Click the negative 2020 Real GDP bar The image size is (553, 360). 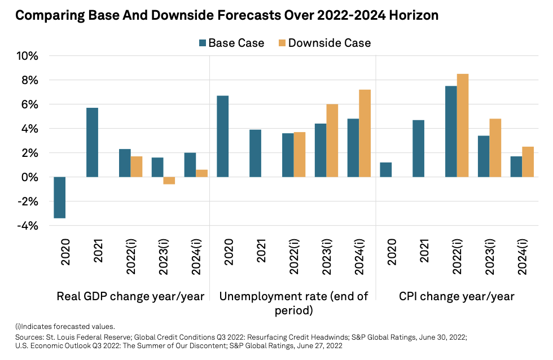(x=60, y=197)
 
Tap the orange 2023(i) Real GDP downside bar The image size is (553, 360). (x=169, y=181)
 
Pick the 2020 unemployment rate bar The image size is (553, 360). (x=223, y=136)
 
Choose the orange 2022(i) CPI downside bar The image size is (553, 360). (x=463, y=125)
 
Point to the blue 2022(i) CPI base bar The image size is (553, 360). (x=451, y=131)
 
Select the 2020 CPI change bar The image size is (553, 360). (x=386, y=170)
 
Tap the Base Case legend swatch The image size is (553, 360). (x=202, y=43)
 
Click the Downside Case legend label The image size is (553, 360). (x=330, y=43)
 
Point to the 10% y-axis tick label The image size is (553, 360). (x=27, y=56)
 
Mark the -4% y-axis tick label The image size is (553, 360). (x=27, y=226)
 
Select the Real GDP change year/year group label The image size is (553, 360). (x=130, y=296)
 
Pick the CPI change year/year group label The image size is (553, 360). (x=457, y=296)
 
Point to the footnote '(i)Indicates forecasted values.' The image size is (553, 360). (x=64, y=326)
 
